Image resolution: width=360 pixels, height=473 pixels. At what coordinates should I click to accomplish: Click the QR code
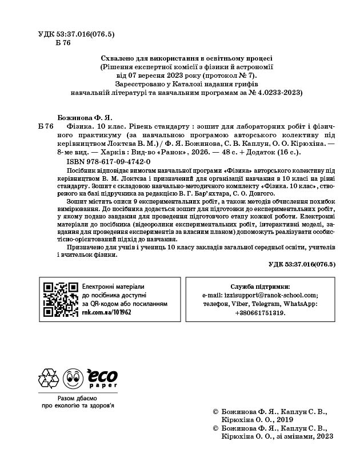61,297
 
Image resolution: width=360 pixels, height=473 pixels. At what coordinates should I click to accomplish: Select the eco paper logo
101,377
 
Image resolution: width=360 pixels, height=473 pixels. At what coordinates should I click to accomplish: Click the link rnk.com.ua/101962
107,313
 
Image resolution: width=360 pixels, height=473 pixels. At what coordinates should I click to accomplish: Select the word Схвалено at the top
119,58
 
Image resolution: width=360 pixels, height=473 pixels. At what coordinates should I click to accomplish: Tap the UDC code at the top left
76,34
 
